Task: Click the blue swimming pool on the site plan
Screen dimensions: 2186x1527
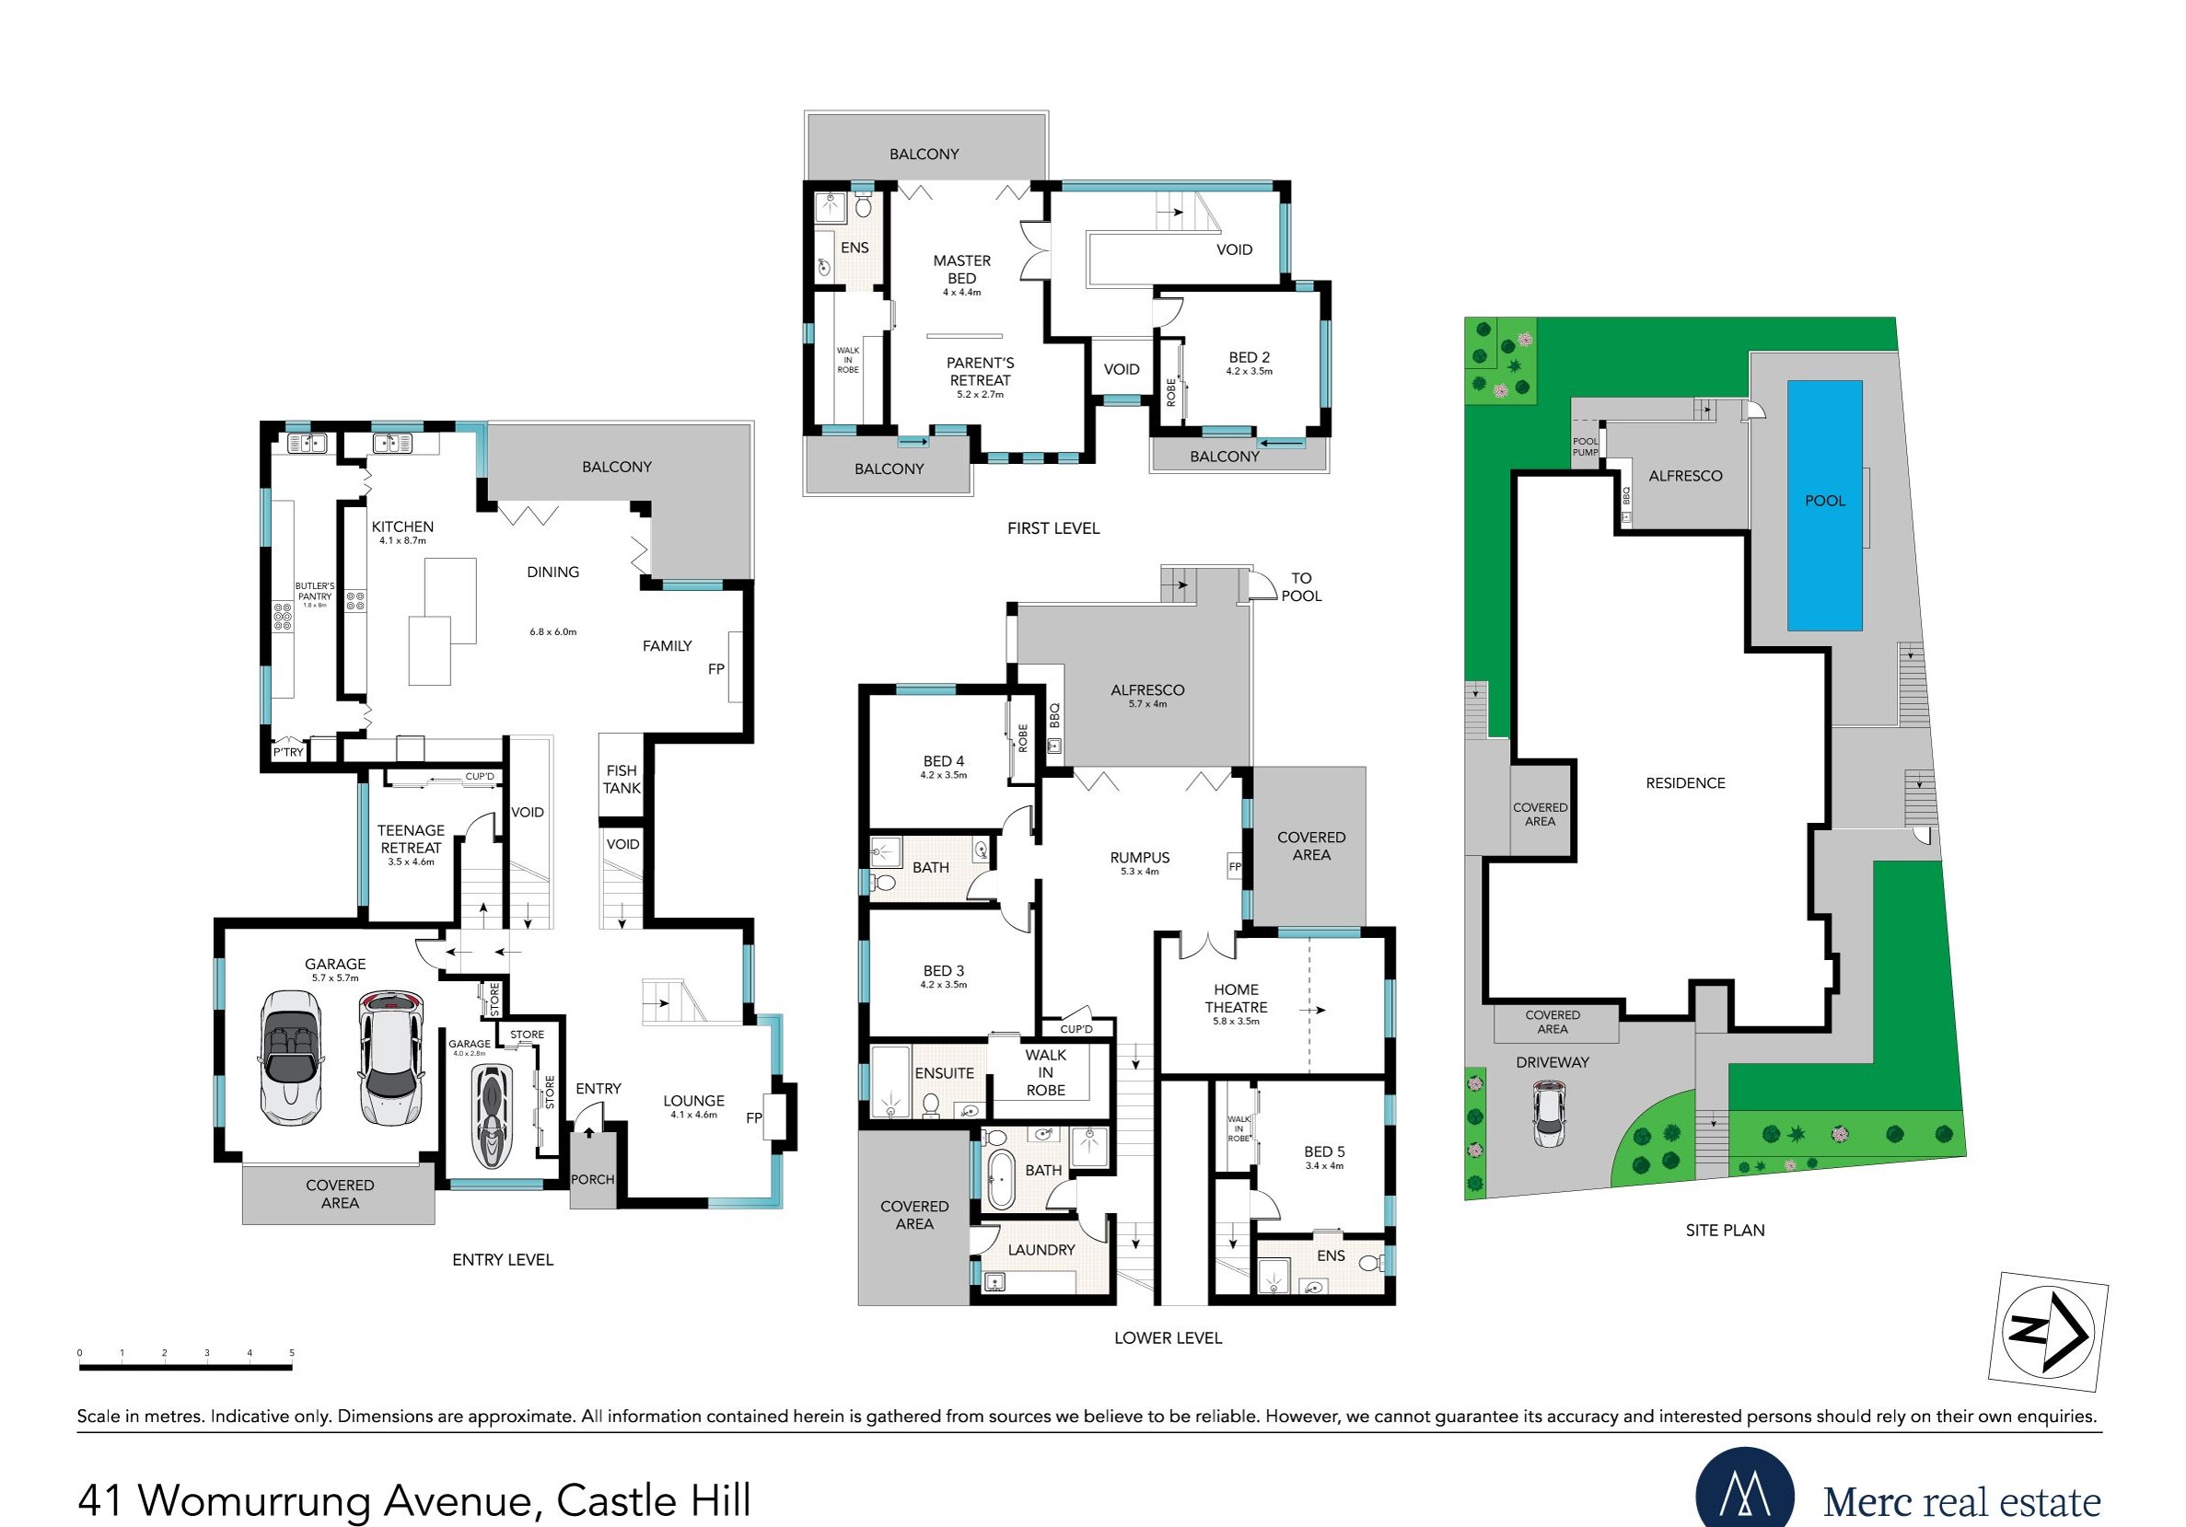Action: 1824,505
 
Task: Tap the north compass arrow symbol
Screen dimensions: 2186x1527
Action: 2048,1332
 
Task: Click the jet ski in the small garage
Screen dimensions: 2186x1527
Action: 493,1116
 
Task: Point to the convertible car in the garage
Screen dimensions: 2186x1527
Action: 290,1058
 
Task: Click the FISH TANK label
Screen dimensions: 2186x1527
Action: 622,780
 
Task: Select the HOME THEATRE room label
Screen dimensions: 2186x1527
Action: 1236,998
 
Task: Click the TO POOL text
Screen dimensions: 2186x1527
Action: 1301,586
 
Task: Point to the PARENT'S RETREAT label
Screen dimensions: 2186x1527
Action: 980,371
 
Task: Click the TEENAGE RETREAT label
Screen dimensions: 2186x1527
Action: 411,839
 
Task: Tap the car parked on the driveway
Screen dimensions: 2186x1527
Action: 1549,1115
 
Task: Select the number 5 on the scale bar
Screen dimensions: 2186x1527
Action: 292,1353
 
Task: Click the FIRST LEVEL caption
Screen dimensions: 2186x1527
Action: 1053,528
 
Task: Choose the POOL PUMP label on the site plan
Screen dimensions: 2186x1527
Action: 1586,446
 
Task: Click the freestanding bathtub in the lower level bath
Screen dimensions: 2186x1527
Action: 1000,1179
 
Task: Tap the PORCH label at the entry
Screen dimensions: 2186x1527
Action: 592,1179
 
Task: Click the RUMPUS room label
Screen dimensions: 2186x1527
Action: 1140,858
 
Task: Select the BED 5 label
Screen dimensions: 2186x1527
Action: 1324,1151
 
